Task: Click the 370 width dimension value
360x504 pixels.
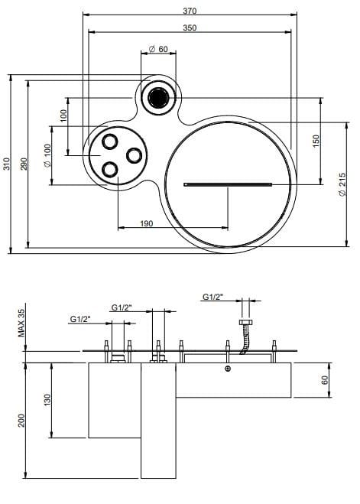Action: (x=190, y=11)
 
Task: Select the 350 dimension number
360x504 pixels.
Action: (x=190, y=28)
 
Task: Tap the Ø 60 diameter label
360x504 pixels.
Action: (x=159, y=49)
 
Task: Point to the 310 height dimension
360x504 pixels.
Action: (x=7, y=164)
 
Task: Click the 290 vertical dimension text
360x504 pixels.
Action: (x=24, y=164)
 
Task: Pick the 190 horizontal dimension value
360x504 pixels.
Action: (x=147, y=223)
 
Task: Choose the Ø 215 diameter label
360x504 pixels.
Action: (x=342, y=184)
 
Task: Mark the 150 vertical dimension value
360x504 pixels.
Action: (x=316, y=141)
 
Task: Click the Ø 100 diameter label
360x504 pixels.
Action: (x=47, y=155)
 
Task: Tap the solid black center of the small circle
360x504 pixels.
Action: (x=158, y=98)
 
